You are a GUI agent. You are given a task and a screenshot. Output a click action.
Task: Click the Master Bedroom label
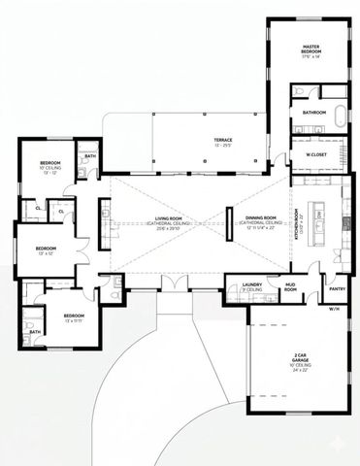(x=311, y=50)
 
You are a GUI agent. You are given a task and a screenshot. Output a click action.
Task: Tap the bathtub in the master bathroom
(x=339, y=114)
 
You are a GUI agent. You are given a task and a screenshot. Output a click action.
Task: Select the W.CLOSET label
(x=314, y=154)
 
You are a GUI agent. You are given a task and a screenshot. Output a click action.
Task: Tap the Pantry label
(x=337, y=288)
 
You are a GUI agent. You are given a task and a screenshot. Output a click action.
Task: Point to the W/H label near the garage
(x=335, y=309)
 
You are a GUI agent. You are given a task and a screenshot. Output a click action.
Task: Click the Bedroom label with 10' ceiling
(x=50, y=165)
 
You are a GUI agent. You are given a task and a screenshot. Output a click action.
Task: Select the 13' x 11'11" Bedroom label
(x=74, y=317)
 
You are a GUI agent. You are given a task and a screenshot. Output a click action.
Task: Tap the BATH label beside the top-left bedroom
(x=90, y=156)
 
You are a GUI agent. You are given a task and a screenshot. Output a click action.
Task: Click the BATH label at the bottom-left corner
(x=35, y=331)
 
